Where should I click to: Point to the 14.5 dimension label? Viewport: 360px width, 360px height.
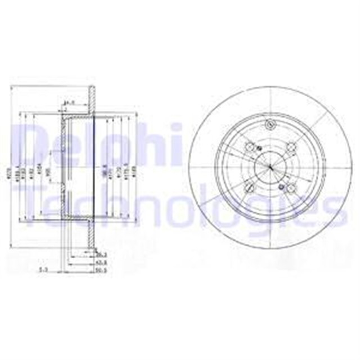(x=69, y=102)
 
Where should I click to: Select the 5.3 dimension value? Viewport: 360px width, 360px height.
(x=42, y=269)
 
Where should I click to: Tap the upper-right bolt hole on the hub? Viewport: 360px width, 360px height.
(x=291, y=147)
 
